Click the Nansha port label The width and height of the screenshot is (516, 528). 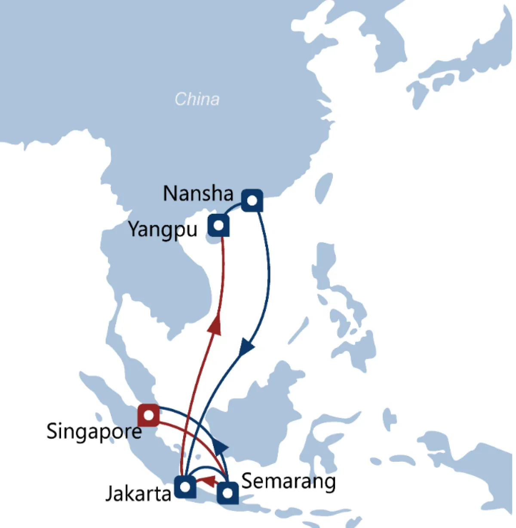click(198, 193)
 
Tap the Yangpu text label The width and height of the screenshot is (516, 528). click(163, 229)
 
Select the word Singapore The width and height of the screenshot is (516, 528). click(94, 431)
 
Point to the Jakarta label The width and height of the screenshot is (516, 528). click(138, 493)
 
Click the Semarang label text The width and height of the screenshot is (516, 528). click(289, 481)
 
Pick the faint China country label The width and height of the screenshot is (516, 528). click(197, 99)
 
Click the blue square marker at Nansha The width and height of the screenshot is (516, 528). click(252, 200)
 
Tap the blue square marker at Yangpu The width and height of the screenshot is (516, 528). click(218, 225)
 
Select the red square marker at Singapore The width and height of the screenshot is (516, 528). click(148, 415)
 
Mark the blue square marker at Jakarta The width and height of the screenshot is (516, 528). click(185, 487)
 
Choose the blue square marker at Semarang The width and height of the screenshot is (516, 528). click(227, 493)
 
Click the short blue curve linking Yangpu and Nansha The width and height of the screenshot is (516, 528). click(233, 207)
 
